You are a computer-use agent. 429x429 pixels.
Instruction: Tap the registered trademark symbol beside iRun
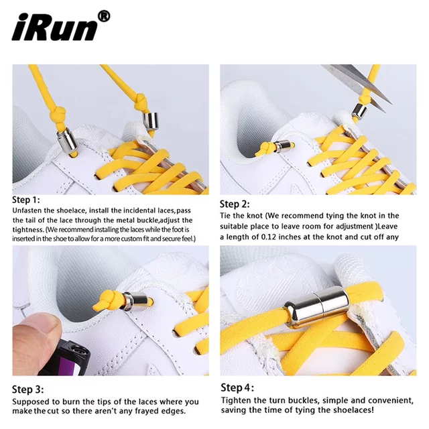(104, 17)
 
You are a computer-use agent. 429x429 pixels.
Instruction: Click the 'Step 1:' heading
(26, 200)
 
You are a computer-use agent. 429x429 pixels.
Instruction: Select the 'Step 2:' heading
(235, 204)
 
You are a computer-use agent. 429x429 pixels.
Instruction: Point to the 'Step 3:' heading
(27, 389)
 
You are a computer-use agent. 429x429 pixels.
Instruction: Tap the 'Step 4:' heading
(237, 387)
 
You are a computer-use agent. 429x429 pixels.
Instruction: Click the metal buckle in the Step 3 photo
(135, 301)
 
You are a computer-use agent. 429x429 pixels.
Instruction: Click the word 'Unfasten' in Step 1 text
(27, 210)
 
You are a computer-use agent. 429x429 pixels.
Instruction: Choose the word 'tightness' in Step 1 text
(28, 229)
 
